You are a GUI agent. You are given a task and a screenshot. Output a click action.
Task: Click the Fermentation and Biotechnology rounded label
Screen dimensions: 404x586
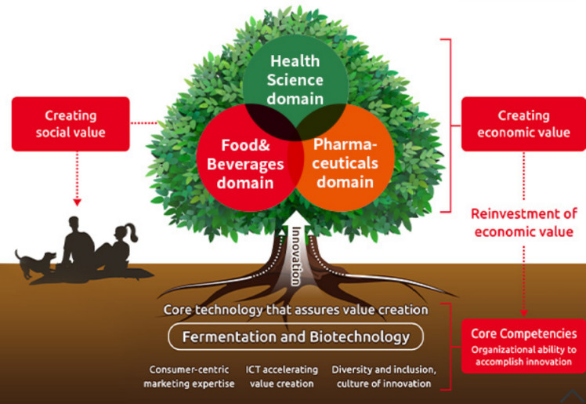click(296, 337)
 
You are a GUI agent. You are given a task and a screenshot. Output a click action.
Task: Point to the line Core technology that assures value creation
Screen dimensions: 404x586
click(296, 310)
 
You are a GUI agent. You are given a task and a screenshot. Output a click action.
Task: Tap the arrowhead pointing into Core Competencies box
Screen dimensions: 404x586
click(523, 311)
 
